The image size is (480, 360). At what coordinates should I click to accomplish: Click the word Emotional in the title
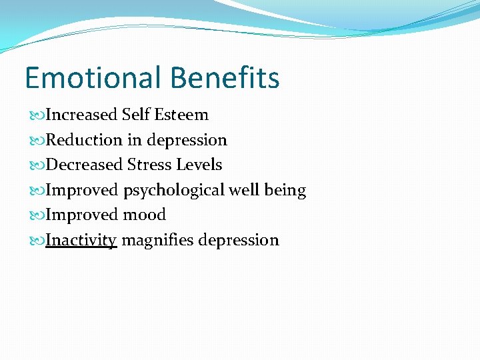[x=93, y=78]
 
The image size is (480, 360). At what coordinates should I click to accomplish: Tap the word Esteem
[x=181, y=115]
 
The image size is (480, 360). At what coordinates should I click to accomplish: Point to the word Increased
[x=81, y=115]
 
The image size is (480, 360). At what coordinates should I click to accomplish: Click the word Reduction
[x=84, y=140]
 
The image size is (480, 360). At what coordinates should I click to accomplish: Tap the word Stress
[x=148, y=165]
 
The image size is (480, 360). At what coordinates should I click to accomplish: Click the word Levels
[x=198, y=165]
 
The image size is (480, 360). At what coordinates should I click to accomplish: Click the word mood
[x=144, y=215]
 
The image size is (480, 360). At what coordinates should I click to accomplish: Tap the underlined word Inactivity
[x=81, y=240]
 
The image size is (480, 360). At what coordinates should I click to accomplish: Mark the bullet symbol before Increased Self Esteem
[x=37, y=115]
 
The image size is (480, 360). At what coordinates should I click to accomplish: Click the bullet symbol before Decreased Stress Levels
[x=37, y=165]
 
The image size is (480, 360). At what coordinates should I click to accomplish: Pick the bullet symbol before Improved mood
[x=37, y=215]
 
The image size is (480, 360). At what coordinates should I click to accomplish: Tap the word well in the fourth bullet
[x=245, y=190]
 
